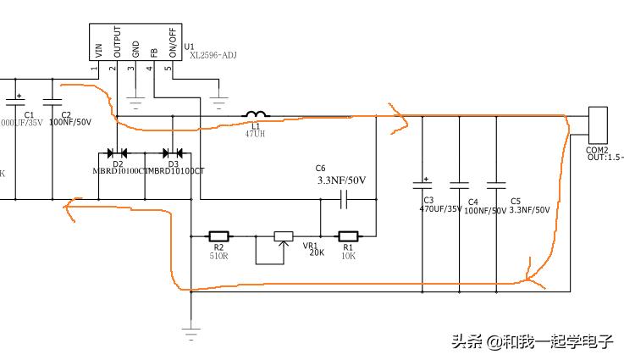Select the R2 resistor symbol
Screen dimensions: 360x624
[218, 236]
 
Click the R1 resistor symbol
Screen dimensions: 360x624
[349, 236]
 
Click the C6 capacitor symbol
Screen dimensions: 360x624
[344, 200]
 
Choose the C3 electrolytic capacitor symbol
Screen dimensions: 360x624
[421, 184]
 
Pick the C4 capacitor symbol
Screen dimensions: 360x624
[459, 184]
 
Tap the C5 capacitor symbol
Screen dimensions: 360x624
[497, 184]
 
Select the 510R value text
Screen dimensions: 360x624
[219, 255]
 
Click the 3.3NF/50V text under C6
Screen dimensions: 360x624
[341, 180]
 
